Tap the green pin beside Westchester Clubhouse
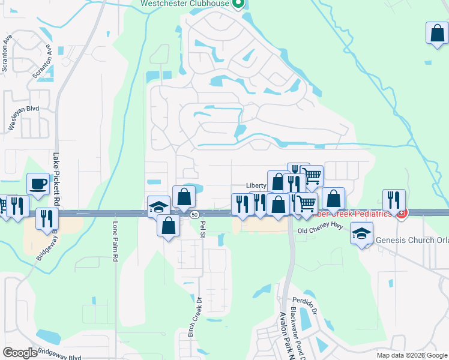(x=238, y=4)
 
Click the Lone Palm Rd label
(x=116, y=242)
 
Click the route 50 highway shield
(x=194, y=214)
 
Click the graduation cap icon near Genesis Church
(x=361, y=233)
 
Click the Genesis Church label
(x=412, y=240)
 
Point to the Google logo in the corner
(x=20, y=353)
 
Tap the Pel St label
(x=203, y=228)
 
